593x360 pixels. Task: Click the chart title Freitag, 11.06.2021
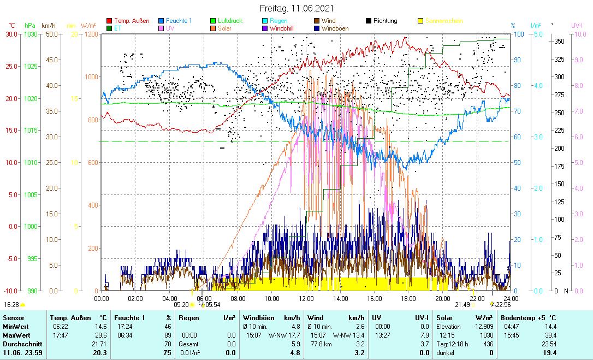tap(296, 9)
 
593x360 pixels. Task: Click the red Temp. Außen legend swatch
tap(109, 21)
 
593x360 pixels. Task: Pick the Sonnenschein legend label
tap(443, 21)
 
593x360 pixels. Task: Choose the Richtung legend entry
tap(385, 21)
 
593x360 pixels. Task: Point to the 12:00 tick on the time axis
tap(306, 298)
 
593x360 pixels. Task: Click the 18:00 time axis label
tap(408, 298)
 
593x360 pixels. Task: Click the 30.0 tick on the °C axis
tap(11, 34)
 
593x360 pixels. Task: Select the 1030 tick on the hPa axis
tap(31, 34)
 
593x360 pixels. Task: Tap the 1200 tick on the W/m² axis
tap(90, 34)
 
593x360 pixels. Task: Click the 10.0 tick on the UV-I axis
tap(578, 34)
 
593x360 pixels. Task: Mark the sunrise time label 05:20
tap(181, 305)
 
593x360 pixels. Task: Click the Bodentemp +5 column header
tap(529, 317)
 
